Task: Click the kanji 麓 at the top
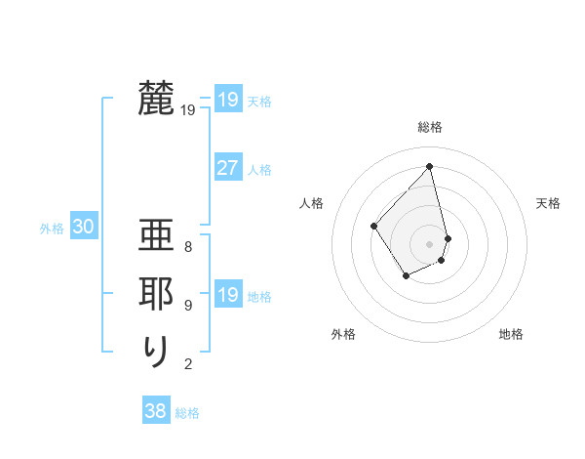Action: point(155,99)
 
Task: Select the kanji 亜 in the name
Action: point(155,239)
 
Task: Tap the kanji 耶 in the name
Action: point(155,295)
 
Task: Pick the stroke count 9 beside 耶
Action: point(188,306)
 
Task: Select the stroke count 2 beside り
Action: point(188,364)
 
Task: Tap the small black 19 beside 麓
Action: point(188,110)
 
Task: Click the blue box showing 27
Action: point(227,168)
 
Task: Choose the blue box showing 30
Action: point(83,227)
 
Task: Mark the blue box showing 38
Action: point(155,411)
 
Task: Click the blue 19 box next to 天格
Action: point(227,100)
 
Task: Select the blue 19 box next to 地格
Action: point(227,295)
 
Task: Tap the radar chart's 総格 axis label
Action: point(430,127)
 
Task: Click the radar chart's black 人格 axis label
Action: point(312,203)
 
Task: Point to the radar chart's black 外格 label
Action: point(343,334)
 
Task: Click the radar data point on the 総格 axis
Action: point(430,167)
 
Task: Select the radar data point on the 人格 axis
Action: point(373,226)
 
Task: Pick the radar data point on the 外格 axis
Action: point(406,276)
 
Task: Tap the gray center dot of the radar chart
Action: point(430,243)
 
